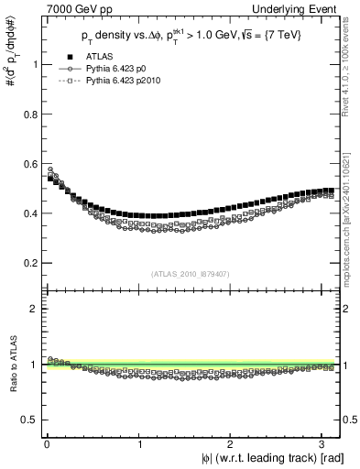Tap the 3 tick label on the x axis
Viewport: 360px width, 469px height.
tap(327, 443)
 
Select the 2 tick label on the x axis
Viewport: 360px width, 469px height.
tap(234, 443)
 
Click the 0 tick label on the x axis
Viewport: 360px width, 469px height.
tap(47, 443)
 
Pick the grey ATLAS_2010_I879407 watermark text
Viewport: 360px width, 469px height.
tap(191, 273)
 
